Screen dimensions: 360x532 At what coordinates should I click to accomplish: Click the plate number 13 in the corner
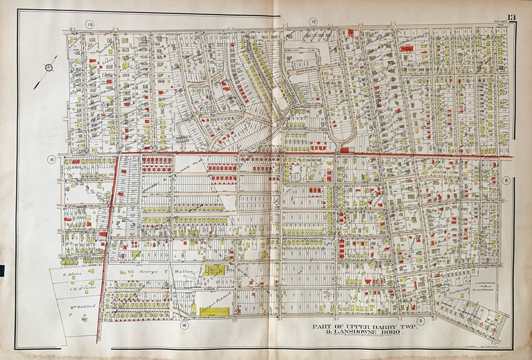click(511, 17)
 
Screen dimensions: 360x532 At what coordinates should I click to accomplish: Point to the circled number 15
click(50, 159)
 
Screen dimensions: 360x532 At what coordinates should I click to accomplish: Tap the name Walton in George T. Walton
click(181, 272)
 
